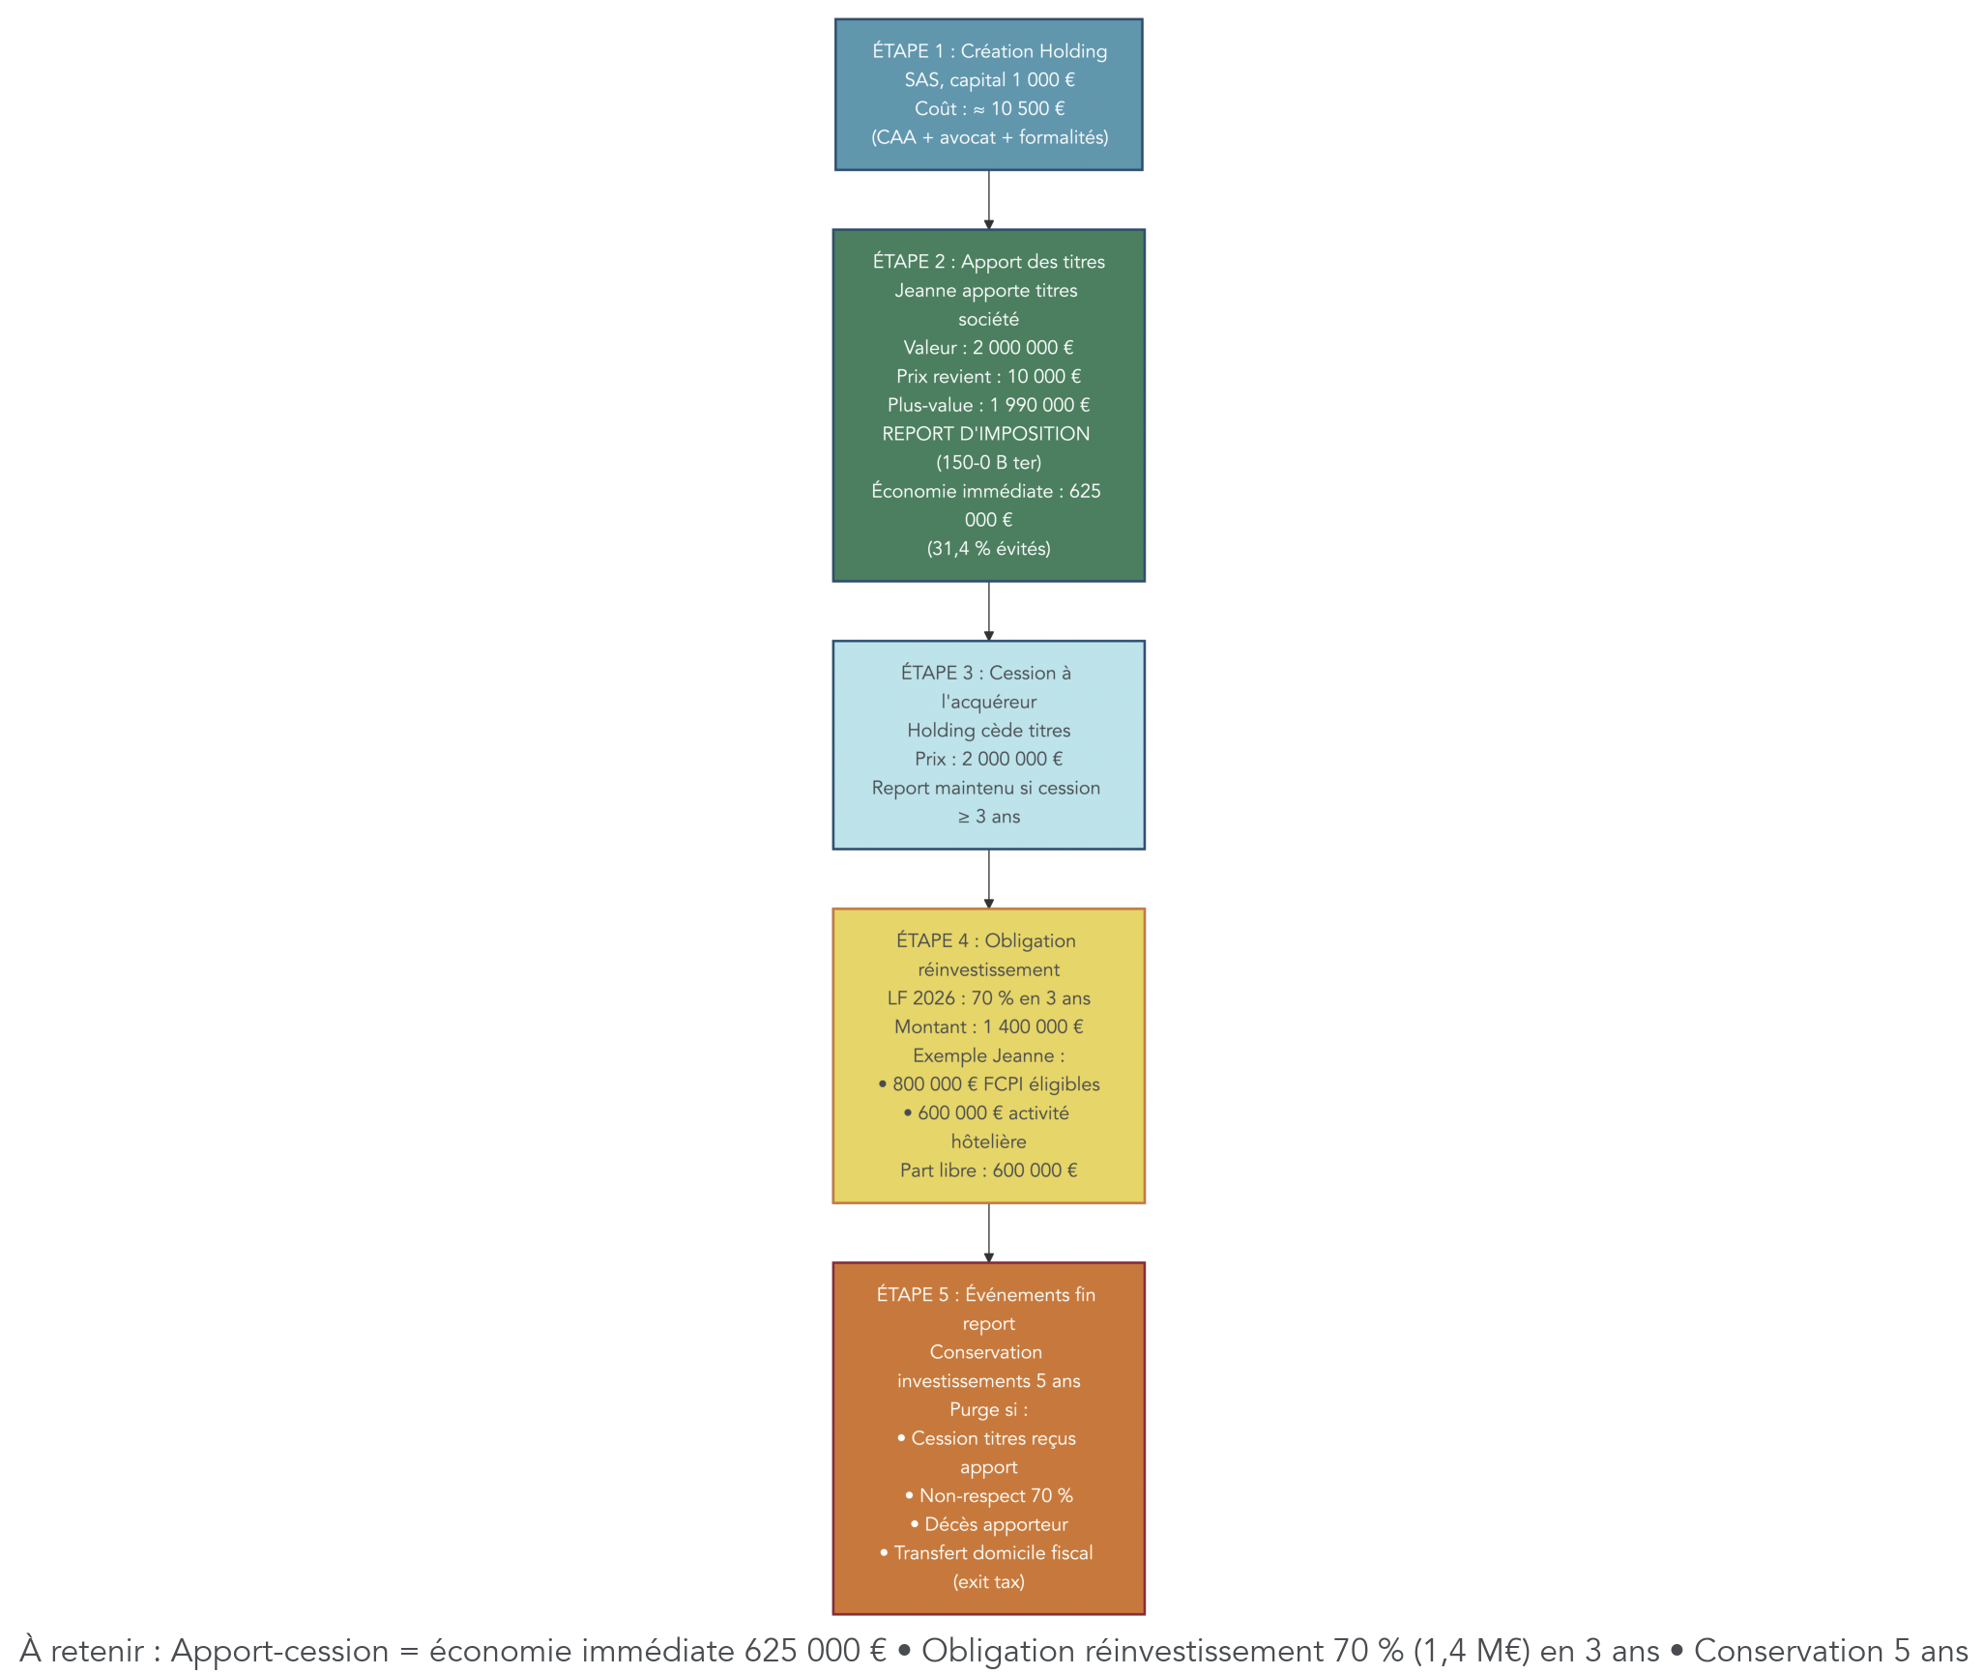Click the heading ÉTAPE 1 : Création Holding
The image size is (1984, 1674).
(x=989, y=51)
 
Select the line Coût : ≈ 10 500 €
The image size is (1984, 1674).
(x=989, y=109)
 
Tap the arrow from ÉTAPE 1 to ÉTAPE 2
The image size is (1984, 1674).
(x=989, y=200)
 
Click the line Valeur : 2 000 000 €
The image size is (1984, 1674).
(x=989, y=348)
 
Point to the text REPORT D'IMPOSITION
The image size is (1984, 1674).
(x=985, y=434)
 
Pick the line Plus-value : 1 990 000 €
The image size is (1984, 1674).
(x=989, y=405)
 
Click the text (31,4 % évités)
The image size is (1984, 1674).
(x=989, y=549)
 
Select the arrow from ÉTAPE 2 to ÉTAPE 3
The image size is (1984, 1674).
(x=989, y=611)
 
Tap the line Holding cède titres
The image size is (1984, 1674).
(x=989, y=731)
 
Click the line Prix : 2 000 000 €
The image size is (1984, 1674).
(x=989, y=760)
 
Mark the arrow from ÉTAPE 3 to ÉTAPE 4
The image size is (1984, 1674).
(x=989, y=879)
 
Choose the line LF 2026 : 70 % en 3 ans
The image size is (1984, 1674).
(x=989, y=998)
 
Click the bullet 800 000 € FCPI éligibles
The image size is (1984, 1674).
(x=989, y=1084)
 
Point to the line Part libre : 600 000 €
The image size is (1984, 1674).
(x=989, y=1170)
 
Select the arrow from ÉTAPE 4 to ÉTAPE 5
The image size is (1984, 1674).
(x=989, y=1232)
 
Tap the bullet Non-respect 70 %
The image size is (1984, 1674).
(x=989, y=1496)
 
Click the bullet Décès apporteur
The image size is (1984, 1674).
(x=989, y=1525)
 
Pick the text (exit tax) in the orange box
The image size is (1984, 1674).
(x=989, y=1582)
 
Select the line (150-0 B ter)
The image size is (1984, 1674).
(x=989, y=463)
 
